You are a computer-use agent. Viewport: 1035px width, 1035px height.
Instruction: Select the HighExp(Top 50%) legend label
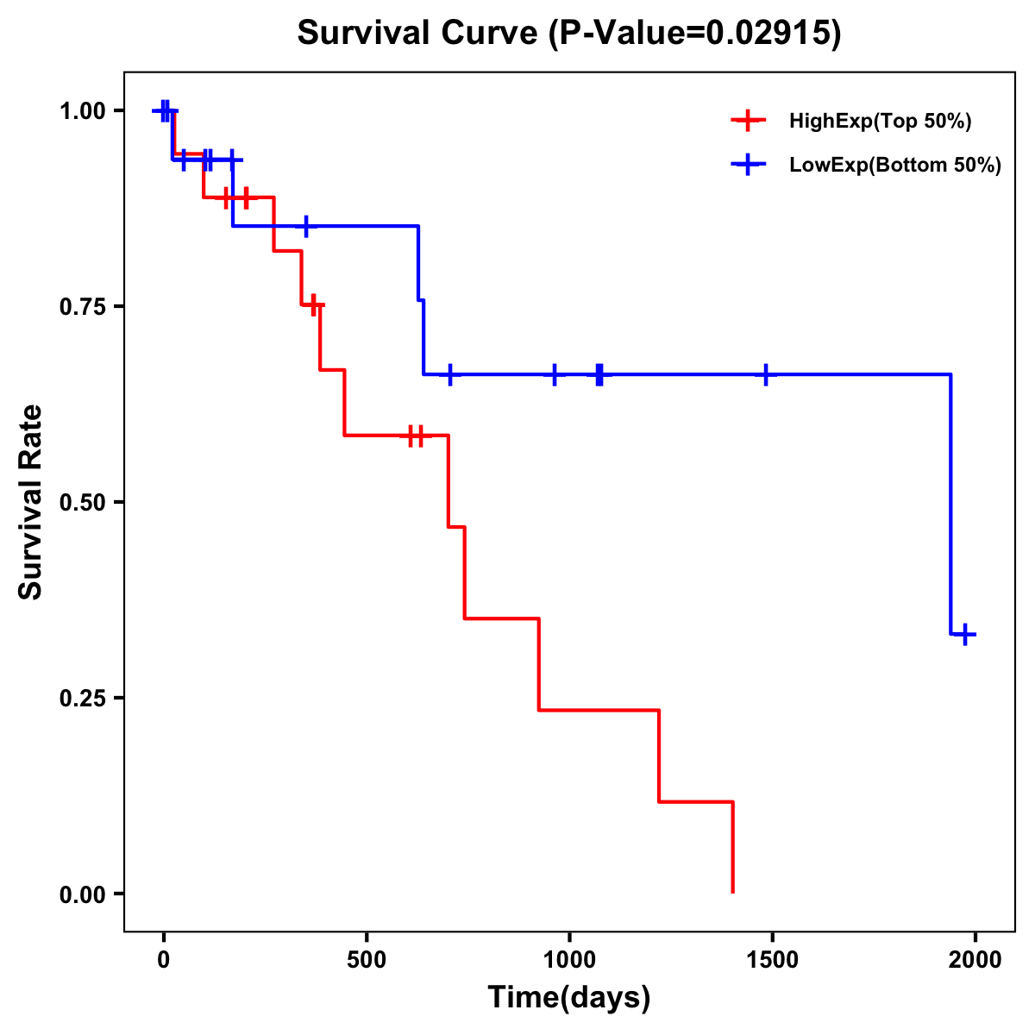pos(880,122)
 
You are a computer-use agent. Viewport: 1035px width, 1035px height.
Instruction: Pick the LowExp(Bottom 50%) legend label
pos(895,166)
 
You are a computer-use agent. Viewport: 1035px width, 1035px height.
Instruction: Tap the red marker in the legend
pos(748,121)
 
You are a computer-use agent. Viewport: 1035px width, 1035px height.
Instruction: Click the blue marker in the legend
pos(748,166)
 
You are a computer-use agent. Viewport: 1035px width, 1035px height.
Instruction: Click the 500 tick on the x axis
pos(367,960)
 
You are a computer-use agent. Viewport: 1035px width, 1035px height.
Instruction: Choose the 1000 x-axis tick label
pos(569,960)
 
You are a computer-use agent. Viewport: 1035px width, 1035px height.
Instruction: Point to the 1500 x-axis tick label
pos(772,960)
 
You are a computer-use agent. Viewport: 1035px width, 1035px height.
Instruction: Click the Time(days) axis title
pos(568,998)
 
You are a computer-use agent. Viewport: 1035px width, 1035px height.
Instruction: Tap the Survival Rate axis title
pos(31,502)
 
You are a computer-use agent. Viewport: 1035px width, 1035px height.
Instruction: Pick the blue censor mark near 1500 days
pos(766,374)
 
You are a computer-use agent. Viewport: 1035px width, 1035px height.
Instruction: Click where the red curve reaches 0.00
pos(732,892)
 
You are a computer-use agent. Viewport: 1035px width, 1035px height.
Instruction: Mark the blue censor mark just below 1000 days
pos(554,374)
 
